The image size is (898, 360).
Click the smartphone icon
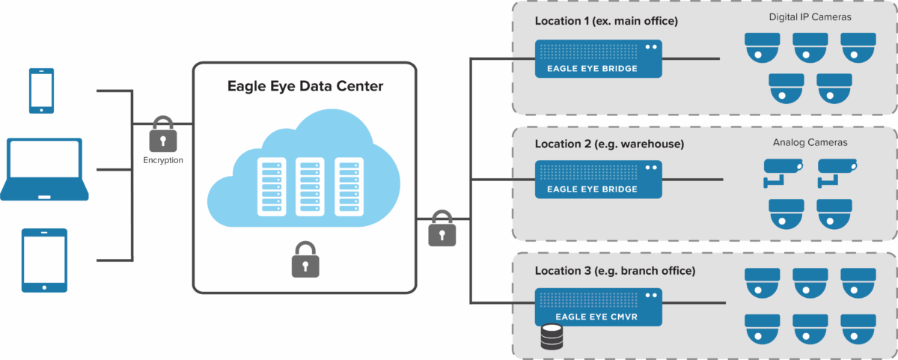[x=41, y=91]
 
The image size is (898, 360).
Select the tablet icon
[x=44, y=260]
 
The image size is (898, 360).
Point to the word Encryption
[x=163, y=161]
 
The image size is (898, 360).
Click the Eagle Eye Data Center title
[x=305, y=87]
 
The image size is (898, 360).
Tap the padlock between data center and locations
[x=442, y=228]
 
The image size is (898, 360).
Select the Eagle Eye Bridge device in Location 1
[x=598, y=58]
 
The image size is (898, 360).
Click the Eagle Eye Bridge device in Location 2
[x=598, y=179]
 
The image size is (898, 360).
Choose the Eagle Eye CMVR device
[x=598, y=307]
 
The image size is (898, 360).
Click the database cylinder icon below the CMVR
[x=551, y=338]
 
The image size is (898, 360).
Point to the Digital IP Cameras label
[x=810, y=16]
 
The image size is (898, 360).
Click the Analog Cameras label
[x=810, y=141]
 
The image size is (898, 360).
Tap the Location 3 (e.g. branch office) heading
[x=614, y=270]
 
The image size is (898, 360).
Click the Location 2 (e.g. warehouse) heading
[x=609, y=143]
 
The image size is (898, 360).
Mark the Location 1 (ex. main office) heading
[x=606, y=21]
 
